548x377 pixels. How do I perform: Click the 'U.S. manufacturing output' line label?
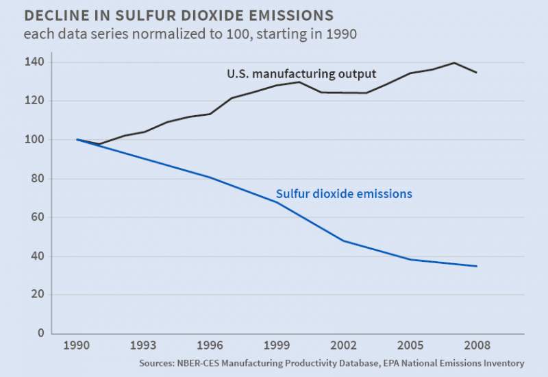[x=301, y=74]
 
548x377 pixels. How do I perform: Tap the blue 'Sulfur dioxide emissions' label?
[x=344, y=194]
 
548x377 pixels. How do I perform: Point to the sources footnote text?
[x=332, y=363]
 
